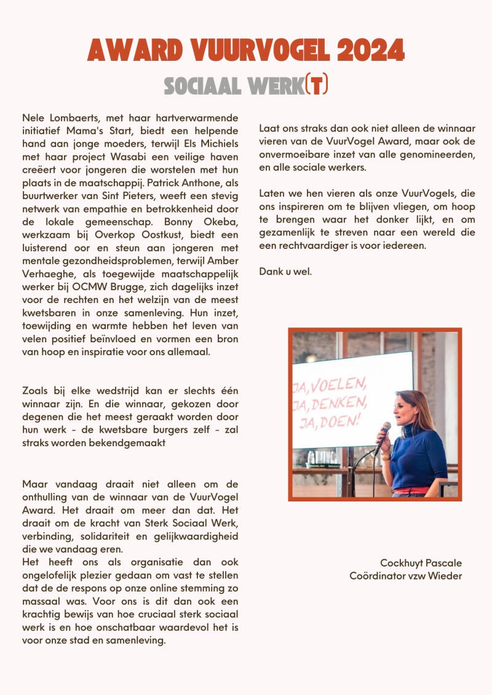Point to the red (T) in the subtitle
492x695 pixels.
tap(316, 85)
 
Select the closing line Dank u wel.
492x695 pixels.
tap(285, 272)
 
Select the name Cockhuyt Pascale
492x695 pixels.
tap(421, 563)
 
